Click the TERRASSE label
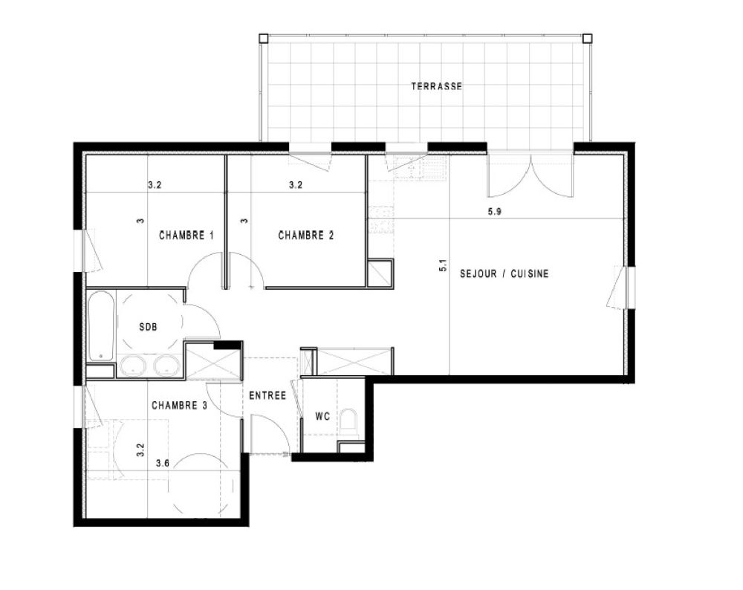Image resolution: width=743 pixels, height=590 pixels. click(x=436, y=86)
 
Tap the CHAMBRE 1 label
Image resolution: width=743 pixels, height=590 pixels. click(x=186, y=235)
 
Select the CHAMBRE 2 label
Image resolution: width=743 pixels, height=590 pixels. click(x=305, y=235)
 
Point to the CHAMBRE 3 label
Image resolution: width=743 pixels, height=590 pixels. click(x=179, y=405)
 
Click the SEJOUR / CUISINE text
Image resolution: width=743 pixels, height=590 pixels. click(x=504, y=273)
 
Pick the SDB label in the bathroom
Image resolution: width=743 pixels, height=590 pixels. click(x=148, y=326)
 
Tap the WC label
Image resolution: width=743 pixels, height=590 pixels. click(x=322, y=416)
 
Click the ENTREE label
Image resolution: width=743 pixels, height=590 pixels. click(x=267, y=395)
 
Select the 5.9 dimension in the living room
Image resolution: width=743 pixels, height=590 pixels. click(x=494, y=211)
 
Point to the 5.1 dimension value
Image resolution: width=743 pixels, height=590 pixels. click(x=443, y=265)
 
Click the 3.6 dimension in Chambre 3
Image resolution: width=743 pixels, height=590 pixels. click(x=163, y=463)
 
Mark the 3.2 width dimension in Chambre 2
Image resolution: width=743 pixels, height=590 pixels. click(x=296, y=185)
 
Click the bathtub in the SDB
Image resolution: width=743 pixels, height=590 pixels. click(x=101, y=325)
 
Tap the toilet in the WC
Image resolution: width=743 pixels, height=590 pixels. click(x=349, y=420)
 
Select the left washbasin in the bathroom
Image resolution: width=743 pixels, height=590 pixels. click(x=132, y=366)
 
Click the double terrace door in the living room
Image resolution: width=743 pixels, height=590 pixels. click(x=531, y=175)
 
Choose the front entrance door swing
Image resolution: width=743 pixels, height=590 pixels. click(x=270, y=435)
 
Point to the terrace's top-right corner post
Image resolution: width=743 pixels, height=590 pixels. click(x=587, y=38)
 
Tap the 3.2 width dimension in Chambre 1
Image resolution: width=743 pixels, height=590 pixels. click(x=155, y=185)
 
